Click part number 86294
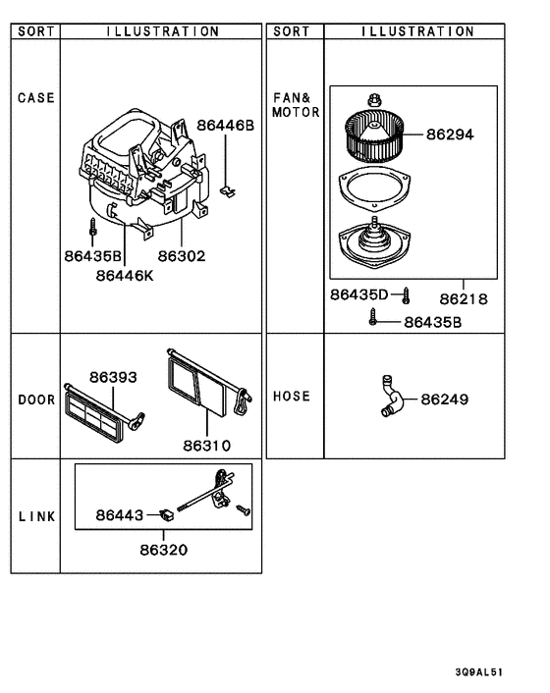450,134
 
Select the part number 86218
464,298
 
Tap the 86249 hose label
445,400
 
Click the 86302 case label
183,255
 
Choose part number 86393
113,377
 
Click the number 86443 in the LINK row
120,514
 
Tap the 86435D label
359,294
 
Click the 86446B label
225,126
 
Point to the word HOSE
291,397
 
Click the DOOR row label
36,400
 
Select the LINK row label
36,517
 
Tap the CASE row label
36,98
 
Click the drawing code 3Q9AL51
479,672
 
